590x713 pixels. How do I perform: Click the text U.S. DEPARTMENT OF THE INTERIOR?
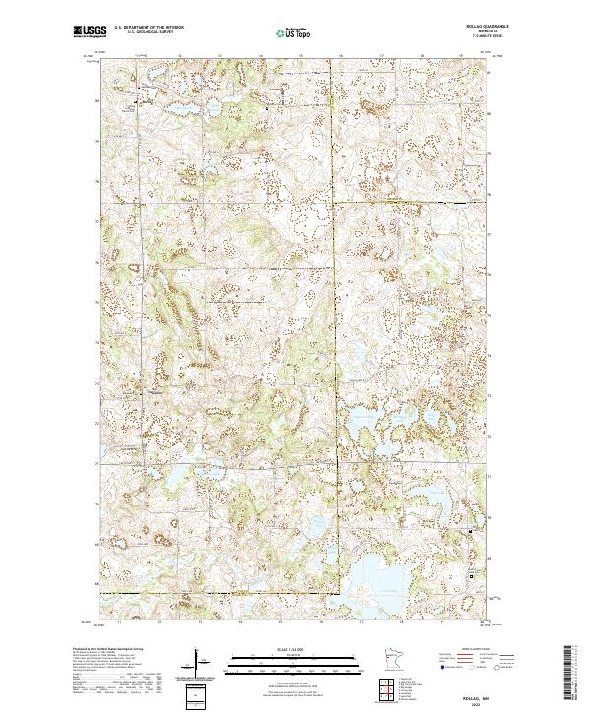pos(156,28)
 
